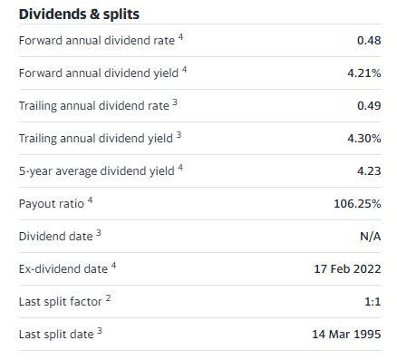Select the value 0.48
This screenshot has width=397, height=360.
pos(369,41)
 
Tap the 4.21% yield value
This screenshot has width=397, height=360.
pos(363,73)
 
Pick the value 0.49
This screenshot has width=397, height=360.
pos(369,106)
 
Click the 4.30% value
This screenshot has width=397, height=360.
pos(363,139)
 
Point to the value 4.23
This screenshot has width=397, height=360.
pos(369,171)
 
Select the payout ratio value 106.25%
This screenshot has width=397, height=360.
pos(357,204)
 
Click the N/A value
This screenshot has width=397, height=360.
pos(371,237)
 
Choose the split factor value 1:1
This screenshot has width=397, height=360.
pos(372,302)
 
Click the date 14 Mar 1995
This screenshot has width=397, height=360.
pos(346,335)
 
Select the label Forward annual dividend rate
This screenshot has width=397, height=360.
pos(98,41)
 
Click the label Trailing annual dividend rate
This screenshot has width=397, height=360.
pos(94,106)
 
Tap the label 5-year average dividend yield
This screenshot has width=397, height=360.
pos(95,171)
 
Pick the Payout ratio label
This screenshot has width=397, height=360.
pos(51,204)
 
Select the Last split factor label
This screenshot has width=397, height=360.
pos(62,302)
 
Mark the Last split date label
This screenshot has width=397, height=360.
pos(56,335)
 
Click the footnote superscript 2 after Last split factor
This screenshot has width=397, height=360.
pos(109,298)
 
